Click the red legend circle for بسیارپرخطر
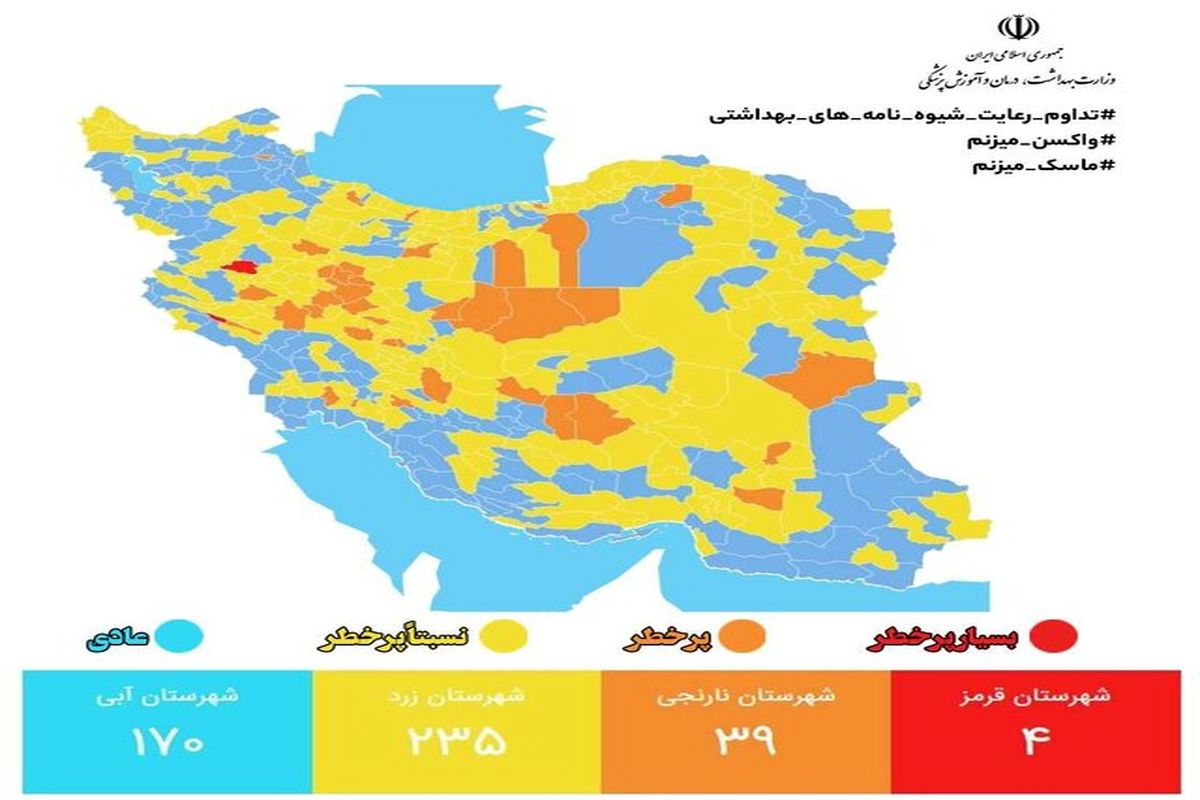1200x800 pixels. [1061, 635]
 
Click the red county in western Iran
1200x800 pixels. [239, 268]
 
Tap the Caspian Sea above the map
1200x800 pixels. [440, 140]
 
